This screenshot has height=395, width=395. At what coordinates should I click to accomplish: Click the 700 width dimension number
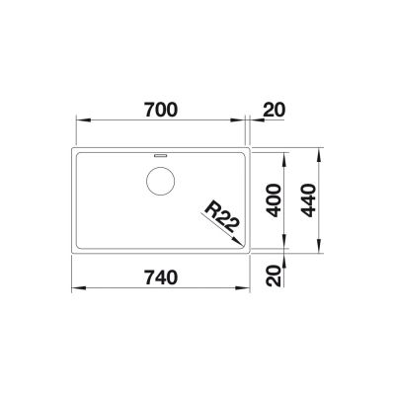coord(160,111)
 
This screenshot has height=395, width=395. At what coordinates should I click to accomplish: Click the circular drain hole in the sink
coord(160,183)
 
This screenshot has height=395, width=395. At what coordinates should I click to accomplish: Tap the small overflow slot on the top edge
coord(160,156)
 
